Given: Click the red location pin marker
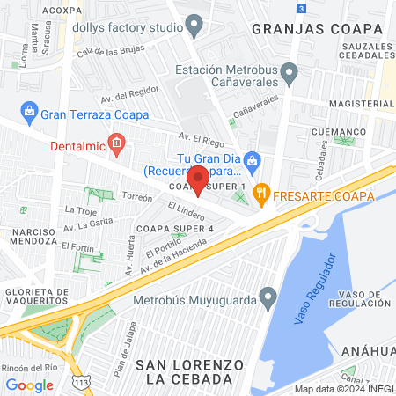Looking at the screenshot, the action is (199, 179).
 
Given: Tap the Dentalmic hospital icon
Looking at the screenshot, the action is (116, 142).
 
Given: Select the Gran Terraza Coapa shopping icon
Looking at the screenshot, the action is (29, 112).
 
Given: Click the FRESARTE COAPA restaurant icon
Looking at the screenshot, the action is (260, 193).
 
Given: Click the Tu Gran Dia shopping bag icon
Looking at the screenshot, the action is (253, 159).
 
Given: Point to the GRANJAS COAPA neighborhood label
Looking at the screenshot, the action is (318, 28).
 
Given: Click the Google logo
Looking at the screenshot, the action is (29, 385).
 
